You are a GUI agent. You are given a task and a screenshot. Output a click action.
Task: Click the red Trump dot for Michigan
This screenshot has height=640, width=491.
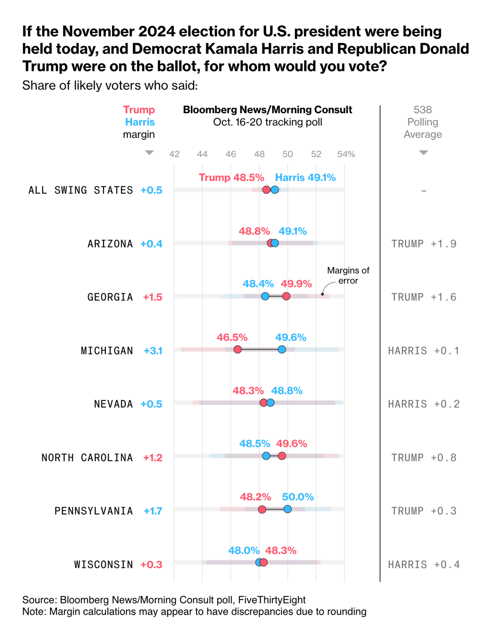(238, 350)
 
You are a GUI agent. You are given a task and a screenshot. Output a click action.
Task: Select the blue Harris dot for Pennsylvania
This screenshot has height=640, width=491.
(287, 509)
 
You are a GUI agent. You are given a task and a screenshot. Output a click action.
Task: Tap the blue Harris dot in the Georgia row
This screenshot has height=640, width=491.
(265, 296)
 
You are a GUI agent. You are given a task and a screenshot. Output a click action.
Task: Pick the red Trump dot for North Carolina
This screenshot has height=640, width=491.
(282, 456)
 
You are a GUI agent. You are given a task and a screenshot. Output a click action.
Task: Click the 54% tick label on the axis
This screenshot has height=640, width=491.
(346, 154)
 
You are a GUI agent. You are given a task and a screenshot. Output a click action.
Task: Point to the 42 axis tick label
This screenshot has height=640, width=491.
(174, 154)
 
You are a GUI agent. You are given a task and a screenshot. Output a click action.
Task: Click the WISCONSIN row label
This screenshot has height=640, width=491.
(103, 565)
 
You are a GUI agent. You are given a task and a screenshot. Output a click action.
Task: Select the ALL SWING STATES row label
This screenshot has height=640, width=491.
(81, 190)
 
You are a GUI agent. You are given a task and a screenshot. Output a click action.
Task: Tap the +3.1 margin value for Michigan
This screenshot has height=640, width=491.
(153, 351)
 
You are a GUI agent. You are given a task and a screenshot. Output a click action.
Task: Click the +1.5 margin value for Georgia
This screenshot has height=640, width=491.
(153, 297)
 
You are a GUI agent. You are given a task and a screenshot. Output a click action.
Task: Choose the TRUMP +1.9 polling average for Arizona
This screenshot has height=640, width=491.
(424, 244)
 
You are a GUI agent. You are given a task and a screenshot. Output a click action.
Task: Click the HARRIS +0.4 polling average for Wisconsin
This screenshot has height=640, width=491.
(424, 565)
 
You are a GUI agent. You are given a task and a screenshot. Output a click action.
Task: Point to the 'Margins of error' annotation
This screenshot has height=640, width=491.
(348, 276)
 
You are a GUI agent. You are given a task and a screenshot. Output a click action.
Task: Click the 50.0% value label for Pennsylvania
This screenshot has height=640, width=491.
(298, 497)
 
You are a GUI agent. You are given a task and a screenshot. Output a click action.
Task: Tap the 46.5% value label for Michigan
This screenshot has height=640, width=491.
(232, 337)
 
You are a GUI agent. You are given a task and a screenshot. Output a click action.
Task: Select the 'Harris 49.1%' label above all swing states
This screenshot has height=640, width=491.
(305, 178)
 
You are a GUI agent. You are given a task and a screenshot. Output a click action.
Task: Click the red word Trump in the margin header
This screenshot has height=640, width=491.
(139, 110)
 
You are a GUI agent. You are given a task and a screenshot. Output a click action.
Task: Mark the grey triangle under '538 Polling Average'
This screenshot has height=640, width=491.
(424, 153)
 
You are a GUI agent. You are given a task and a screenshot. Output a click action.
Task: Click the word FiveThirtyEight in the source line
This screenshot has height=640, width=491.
(272, 600)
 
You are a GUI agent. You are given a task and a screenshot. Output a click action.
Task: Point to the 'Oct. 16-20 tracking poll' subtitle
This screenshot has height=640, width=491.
(268, 122)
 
